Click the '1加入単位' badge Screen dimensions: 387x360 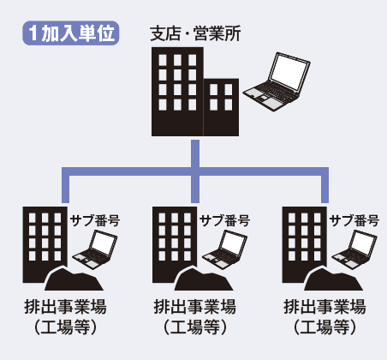71,33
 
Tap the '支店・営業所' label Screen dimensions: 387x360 195,33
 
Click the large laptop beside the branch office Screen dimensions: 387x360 277,81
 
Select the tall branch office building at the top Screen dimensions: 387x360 177,92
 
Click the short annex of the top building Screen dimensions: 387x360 221,107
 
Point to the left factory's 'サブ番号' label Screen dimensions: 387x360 95,221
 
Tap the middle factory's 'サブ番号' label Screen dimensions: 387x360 225,221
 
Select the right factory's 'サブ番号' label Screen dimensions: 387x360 354,221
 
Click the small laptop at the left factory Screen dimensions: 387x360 95,249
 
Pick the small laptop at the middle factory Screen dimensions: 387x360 224,249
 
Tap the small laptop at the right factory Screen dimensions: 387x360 354,249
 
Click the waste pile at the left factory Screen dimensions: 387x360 74,279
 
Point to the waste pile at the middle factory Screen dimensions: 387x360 204,279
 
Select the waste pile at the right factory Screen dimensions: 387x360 333,279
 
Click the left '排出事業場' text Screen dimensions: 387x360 65,307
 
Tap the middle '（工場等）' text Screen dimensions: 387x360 195,327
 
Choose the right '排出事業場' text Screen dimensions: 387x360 324,307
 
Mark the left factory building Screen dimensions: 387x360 45,244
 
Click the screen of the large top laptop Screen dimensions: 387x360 289,72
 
